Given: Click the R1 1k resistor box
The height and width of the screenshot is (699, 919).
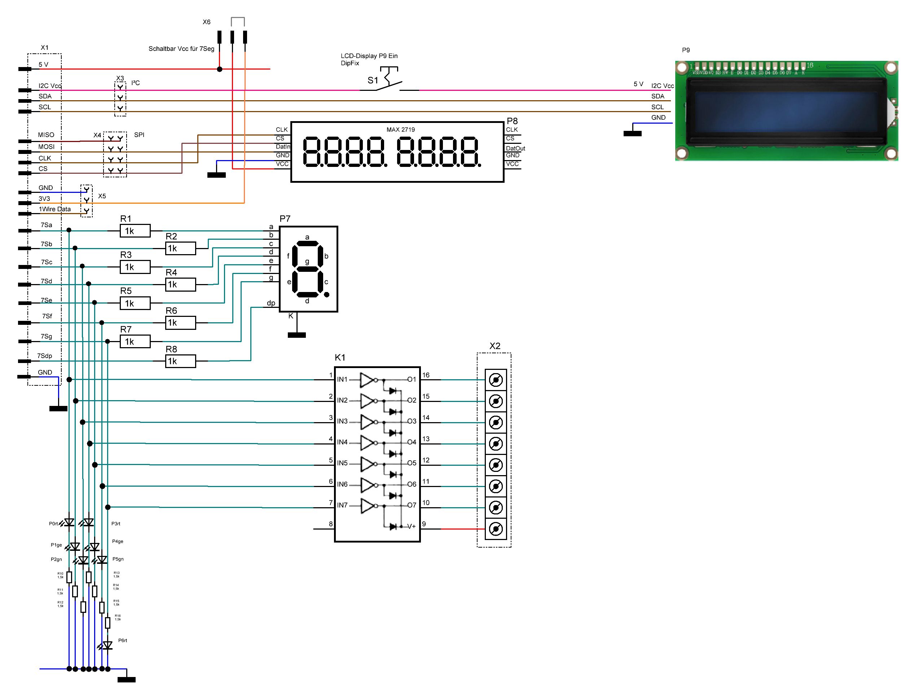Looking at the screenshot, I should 135,231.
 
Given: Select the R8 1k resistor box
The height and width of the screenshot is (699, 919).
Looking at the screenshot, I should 180,361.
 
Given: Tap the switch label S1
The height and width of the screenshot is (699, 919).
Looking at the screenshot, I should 373,80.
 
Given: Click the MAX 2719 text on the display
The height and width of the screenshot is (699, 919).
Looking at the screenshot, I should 400,130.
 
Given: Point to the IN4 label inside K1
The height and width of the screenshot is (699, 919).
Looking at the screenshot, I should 342,442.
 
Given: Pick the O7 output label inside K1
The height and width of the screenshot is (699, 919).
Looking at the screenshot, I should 412,505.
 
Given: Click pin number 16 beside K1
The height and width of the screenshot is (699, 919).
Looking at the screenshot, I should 426,375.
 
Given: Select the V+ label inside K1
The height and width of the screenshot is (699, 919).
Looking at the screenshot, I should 411,526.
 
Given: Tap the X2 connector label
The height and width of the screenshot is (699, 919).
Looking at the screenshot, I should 495,346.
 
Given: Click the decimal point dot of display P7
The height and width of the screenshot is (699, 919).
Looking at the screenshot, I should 327,295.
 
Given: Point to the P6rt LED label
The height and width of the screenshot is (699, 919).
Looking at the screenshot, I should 123,640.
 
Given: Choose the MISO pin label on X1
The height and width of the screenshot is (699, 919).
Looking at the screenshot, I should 46,135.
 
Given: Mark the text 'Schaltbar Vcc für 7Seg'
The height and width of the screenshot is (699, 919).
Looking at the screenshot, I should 181,49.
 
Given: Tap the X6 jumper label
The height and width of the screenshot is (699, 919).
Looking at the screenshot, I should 206,22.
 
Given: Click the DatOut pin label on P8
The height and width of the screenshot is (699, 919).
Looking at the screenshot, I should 515,149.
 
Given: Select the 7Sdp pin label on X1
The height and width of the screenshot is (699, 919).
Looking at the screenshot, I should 44,356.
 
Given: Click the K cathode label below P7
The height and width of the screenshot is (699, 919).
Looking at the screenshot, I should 291,316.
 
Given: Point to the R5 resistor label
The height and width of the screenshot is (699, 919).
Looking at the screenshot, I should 126,291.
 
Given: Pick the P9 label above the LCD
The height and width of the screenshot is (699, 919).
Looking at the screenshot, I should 686,50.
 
